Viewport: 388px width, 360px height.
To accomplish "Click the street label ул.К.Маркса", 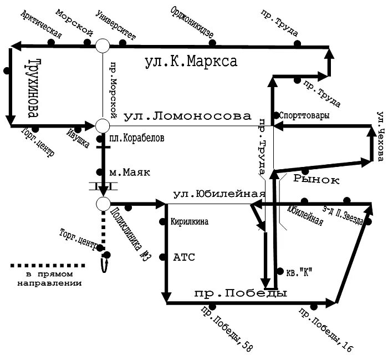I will pyautogui.click(x=191, y=62).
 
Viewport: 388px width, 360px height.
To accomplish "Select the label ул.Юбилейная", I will pyautogui.click(x=217, y=195).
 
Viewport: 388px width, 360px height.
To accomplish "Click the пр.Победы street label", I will pyautogui.click(x=240, y=293).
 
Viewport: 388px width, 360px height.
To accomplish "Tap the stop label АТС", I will pyautogui.click(x=185, y=257).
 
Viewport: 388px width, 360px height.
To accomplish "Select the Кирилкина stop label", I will pyautogui.click(x=189, y=222).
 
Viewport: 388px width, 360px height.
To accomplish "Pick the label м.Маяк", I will pyautogui.click(x=130, y=173).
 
